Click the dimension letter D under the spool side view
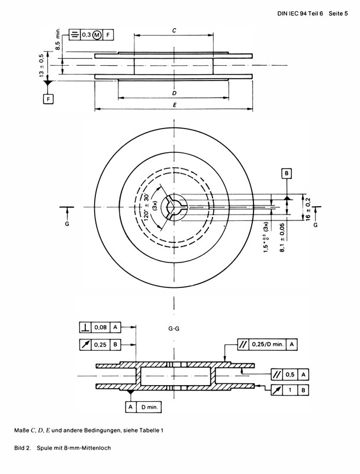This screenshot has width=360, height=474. (174, 93)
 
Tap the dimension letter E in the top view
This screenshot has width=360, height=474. (173, 105)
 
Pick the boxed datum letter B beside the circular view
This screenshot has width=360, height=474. (287, 173)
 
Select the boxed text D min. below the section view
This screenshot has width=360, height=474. (150, 407)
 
